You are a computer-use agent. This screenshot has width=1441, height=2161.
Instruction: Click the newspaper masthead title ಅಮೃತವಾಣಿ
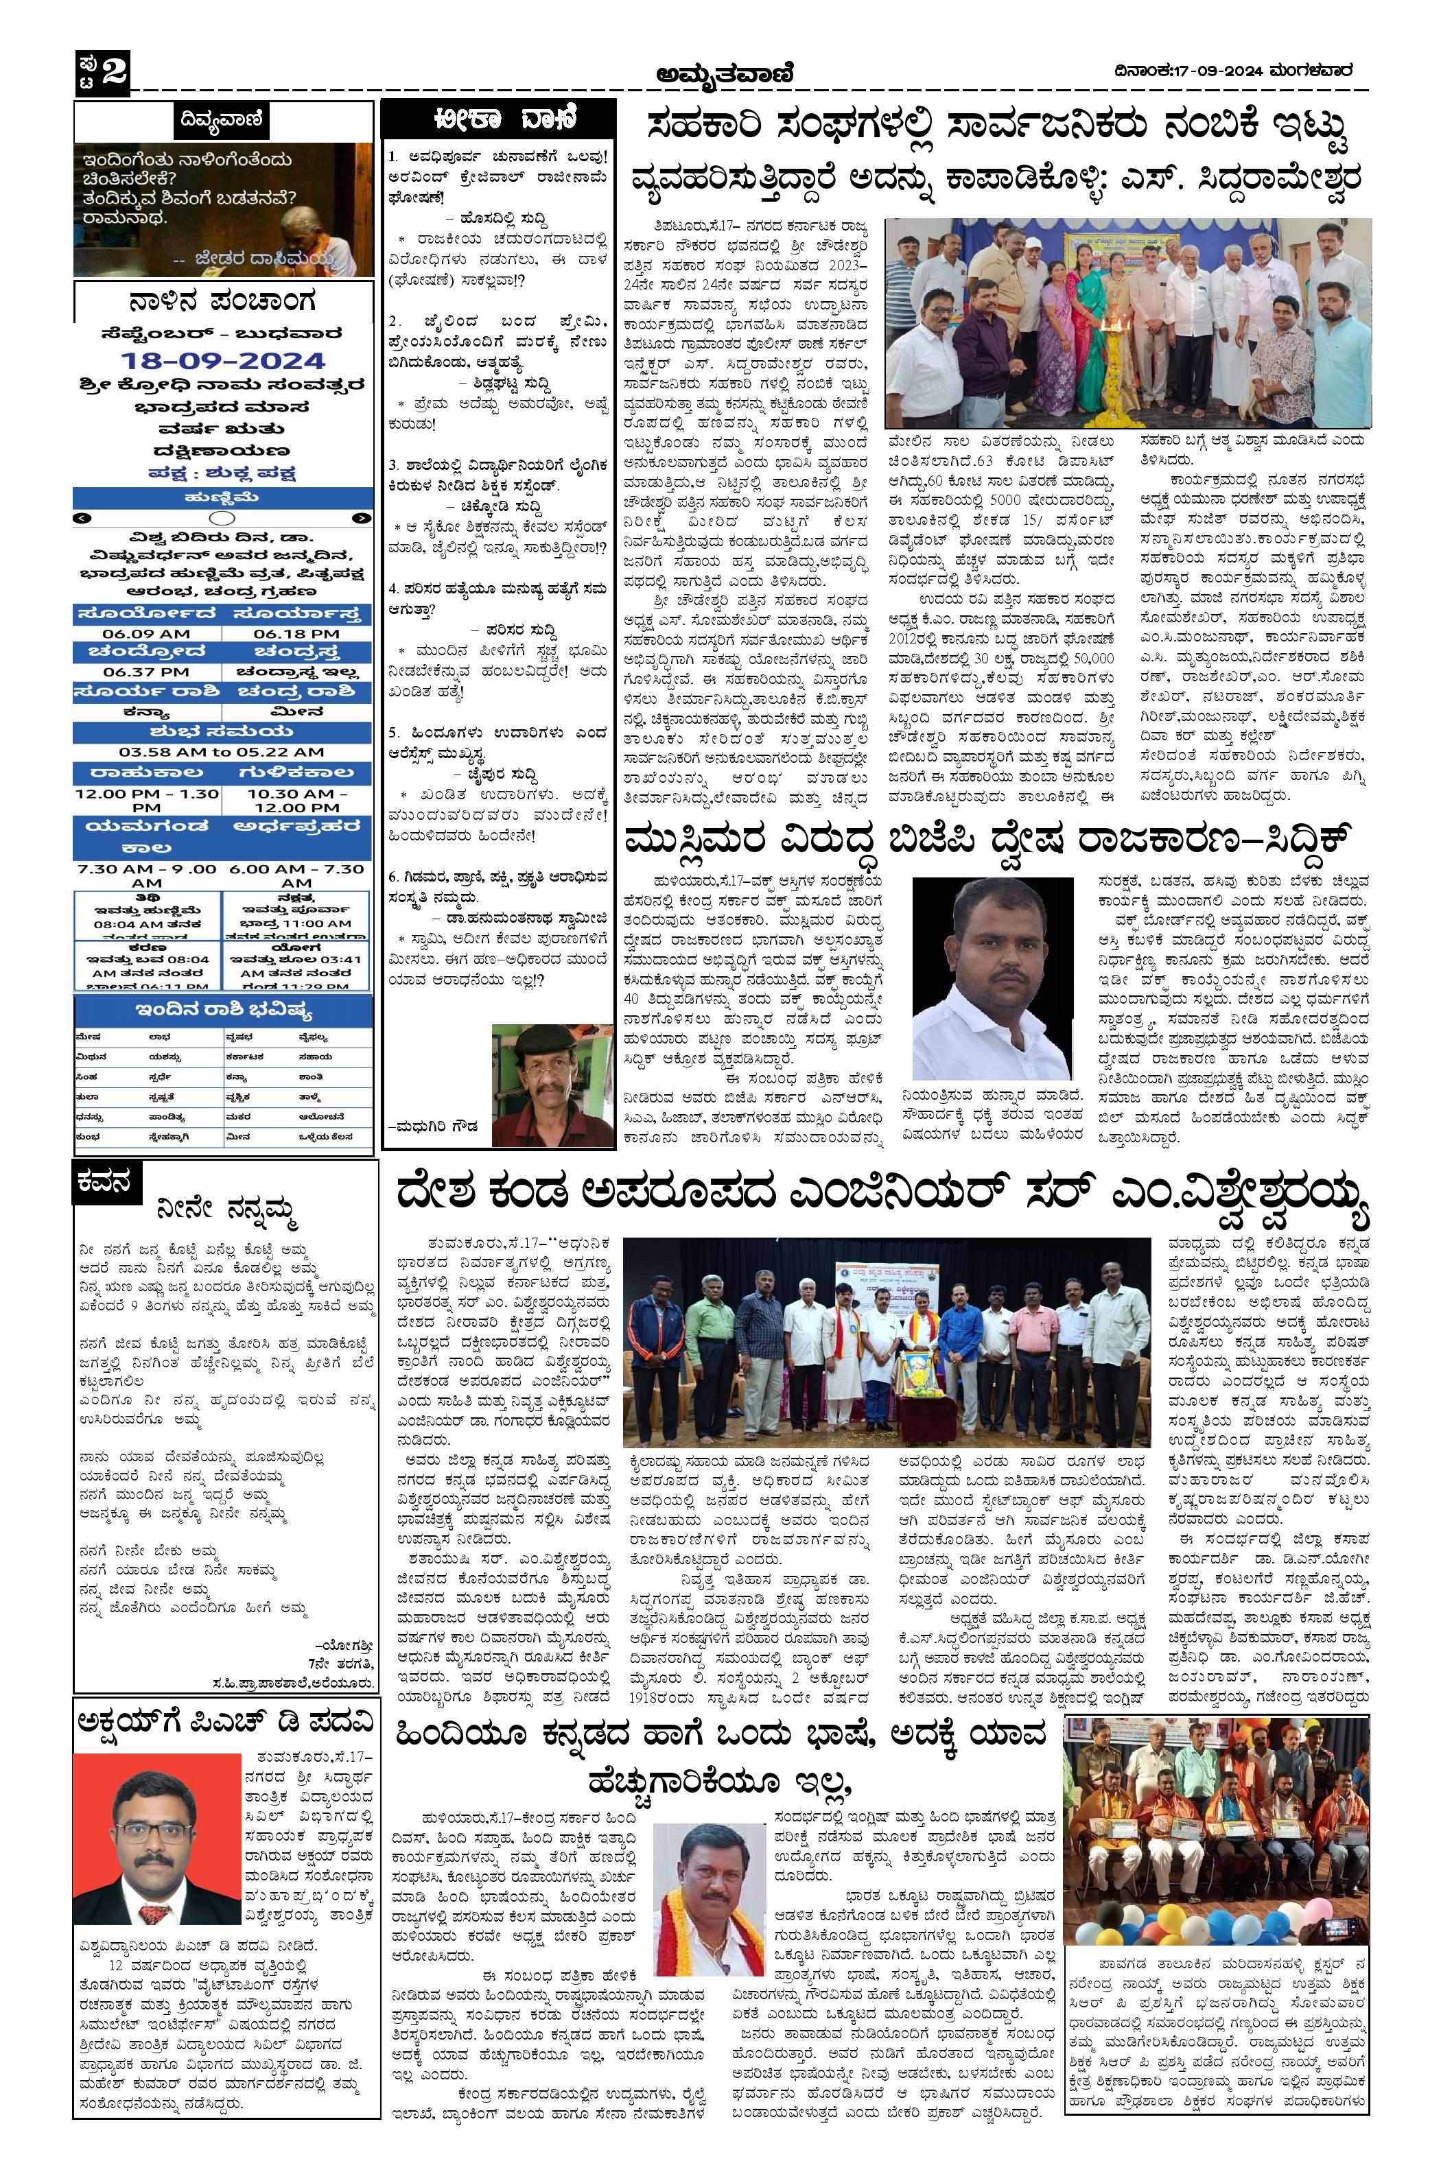[724, 73]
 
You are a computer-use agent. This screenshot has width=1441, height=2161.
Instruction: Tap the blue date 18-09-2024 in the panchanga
[223, 360]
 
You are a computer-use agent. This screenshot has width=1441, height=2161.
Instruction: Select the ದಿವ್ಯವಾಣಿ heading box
[222, 119]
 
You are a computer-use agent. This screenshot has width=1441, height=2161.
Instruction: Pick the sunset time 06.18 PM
[296, 633]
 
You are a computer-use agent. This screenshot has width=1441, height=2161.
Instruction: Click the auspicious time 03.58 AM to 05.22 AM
[222, 752]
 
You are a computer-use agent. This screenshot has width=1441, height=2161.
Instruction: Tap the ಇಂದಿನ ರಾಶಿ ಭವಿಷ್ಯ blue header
[223, 1012]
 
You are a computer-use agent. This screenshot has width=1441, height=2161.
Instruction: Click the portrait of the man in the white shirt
[992, 978]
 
